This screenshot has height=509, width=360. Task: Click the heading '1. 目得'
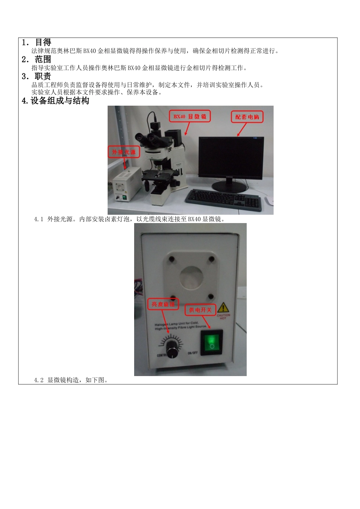click(36, 42)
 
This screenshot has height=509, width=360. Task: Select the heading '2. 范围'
click(36, 59)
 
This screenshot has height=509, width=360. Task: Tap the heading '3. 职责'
click(36, 77)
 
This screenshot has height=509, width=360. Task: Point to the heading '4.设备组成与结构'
click(56, 101)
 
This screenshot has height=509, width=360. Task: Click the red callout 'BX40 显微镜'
click(189, 117)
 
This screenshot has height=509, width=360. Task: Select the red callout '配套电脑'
click(247, 117)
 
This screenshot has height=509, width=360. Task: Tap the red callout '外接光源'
click(124, 152)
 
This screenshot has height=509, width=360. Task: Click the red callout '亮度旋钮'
click(163, 304)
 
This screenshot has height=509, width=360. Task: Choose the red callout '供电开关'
click(200, 310)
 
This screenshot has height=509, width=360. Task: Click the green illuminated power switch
click(211, 343)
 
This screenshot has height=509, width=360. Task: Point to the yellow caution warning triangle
click(223, 308)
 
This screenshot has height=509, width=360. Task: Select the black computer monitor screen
click(231, 158)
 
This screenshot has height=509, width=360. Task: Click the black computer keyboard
click(224, 199)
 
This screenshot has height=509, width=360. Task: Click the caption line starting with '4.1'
click(129, 219)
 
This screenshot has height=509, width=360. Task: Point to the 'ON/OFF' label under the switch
click(193, 353)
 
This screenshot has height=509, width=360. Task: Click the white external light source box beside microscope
click(126, 183)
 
